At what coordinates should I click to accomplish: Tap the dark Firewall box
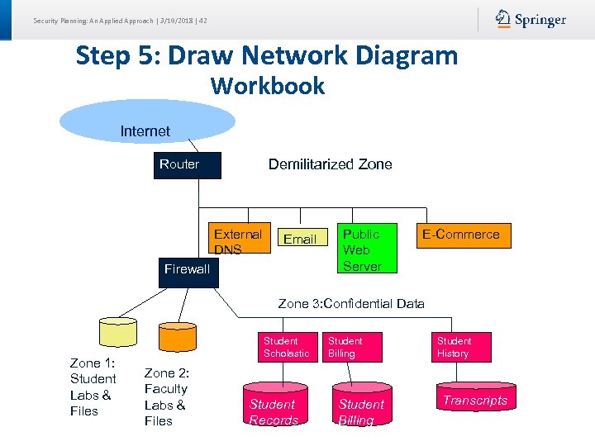(188, 270)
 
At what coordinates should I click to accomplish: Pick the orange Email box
(300, 239)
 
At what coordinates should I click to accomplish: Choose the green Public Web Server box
(362, 248)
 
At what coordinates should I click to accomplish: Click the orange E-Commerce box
(461, 235)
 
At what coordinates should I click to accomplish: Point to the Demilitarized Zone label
(330, 164)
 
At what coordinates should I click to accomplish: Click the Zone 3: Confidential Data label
(351, 303)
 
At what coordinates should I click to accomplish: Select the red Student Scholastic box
(286, 347)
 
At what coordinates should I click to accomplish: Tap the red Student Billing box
(350, 347)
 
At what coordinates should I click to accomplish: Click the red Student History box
(464, 347)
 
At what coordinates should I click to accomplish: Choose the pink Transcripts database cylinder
(474, 398)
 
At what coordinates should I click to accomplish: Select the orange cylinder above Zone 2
(178, 335)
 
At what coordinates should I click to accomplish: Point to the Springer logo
(531, 20)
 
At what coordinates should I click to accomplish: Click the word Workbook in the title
(267, 86)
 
